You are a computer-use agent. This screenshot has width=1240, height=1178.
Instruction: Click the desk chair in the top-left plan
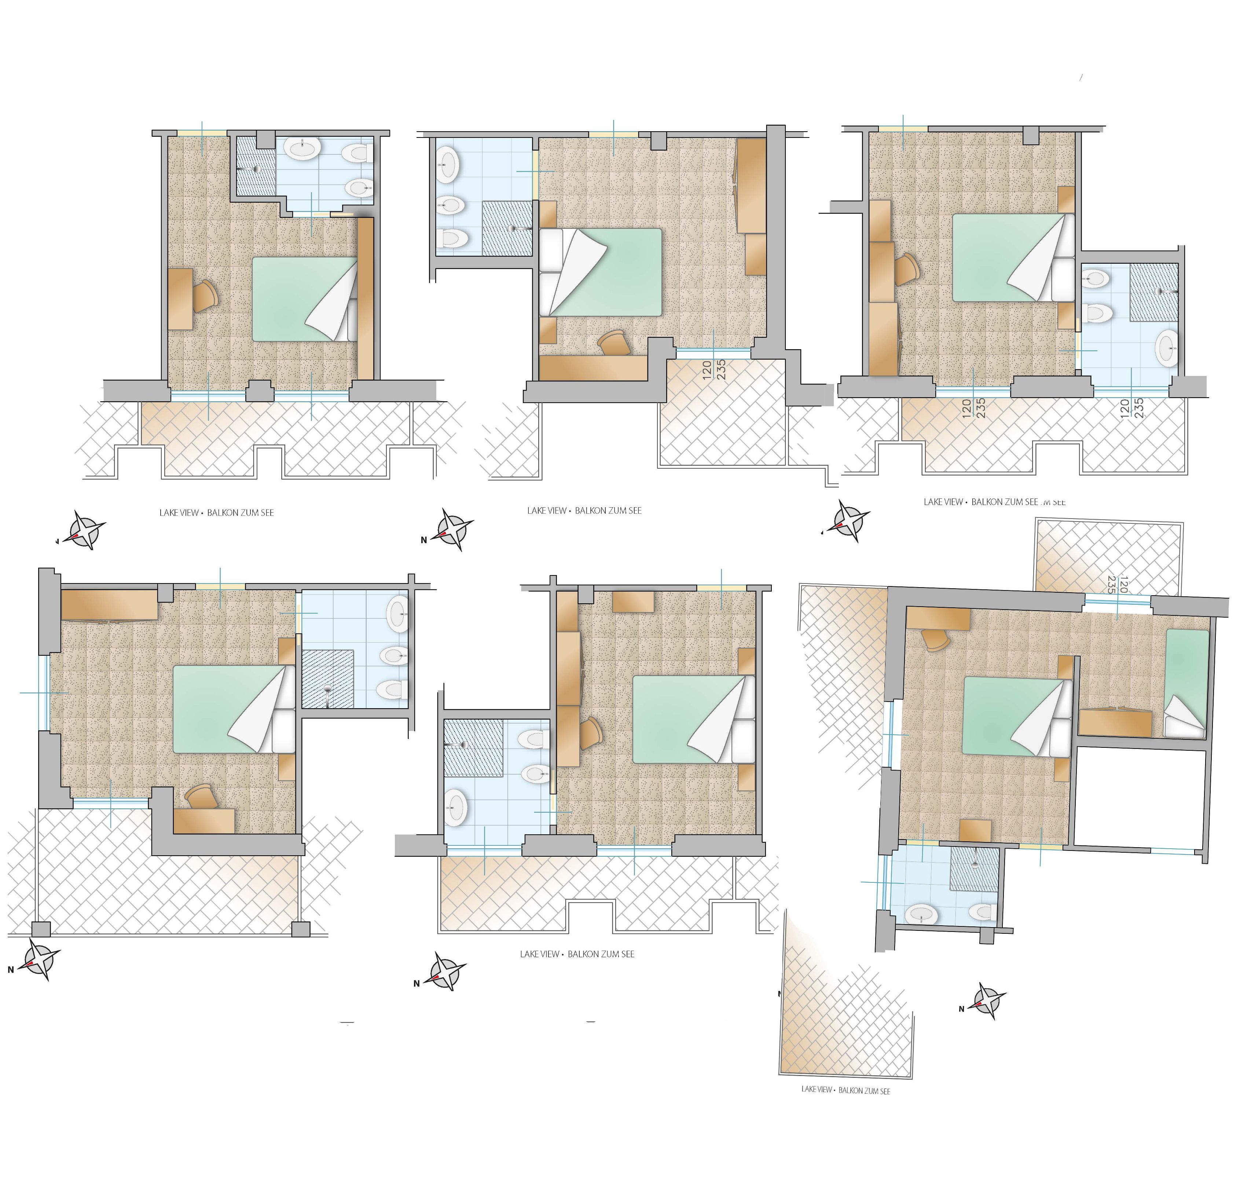click(x=205, y=296)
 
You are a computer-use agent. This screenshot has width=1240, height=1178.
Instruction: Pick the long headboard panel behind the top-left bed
click(x=366, y=298)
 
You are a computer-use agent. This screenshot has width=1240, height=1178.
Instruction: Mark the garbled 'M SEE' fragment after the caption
click(x=1053, y=502)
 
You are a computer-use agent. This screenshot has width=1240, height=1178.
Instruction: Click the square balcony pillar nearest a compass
click(x=40, y=929)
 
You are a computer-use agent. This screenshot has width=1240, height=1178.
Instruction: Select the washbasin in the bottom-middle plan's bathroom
click(x=455, y=808)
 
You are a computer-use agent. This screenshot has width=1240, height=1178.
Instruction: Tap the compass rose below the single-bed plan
click(x=990, y=1000)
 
